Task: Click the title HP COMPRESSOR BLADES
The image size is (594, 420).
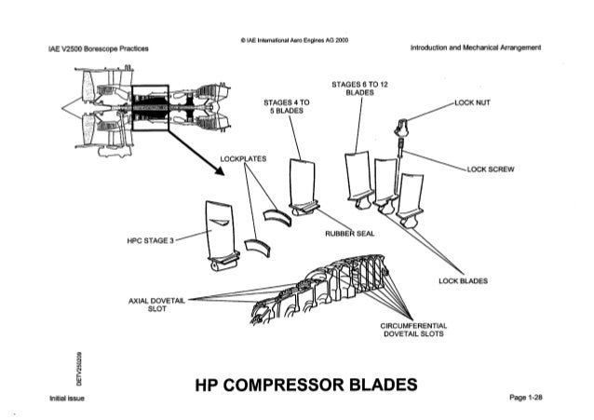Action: pos(297,385)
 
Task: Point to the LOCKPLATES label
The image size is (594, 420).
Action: pos(243,158)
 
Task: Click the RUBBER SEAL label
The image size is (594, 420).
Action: pos(349,234)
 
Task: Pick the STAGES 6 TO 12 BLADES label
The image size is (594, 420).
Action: pos(360,88)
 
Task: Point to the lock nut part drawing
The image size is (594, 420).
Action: pos(403,123)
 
